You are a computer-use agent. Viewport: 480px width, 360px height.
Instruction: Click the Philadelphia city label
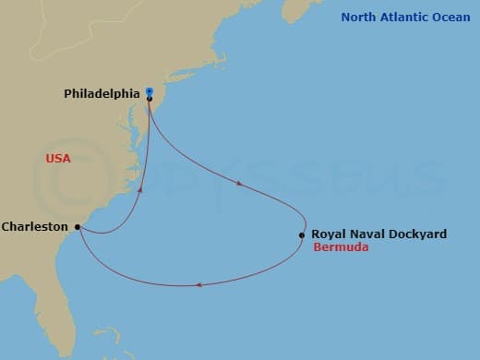point(102,93)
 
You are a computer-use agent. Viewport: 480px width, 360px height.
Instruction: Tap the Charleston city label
point(35,226)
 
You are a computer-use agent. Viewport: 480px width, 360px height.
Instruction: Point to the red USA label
point(58,159)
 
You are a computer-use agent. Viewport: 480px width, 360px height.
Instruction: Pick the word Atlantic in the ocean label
point(406,17)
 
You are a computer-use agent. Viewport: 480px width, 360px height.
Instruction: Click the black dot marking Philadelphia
point(150,98)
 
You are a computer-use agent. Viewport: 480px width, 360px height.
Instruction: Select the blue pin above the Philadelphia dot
point(150,90)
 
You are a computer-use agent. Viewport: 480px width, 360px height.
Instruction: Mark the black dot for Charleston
point(78,226)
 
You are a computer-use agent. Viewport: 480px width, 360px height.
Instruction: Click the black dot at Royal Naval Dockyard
point(302,234)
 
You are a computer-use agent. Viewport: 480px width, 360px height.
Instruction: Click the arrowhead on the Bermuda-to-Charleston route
point(199,284)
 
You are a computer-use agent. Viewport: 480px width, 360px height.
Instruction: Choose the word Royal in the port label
point(329,234)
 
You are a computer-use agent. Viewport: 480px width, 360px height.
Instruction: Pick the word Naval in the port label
point(367,234)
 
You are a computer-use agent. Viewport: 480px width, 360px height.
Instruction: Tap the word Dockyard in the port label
point(417,234)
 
